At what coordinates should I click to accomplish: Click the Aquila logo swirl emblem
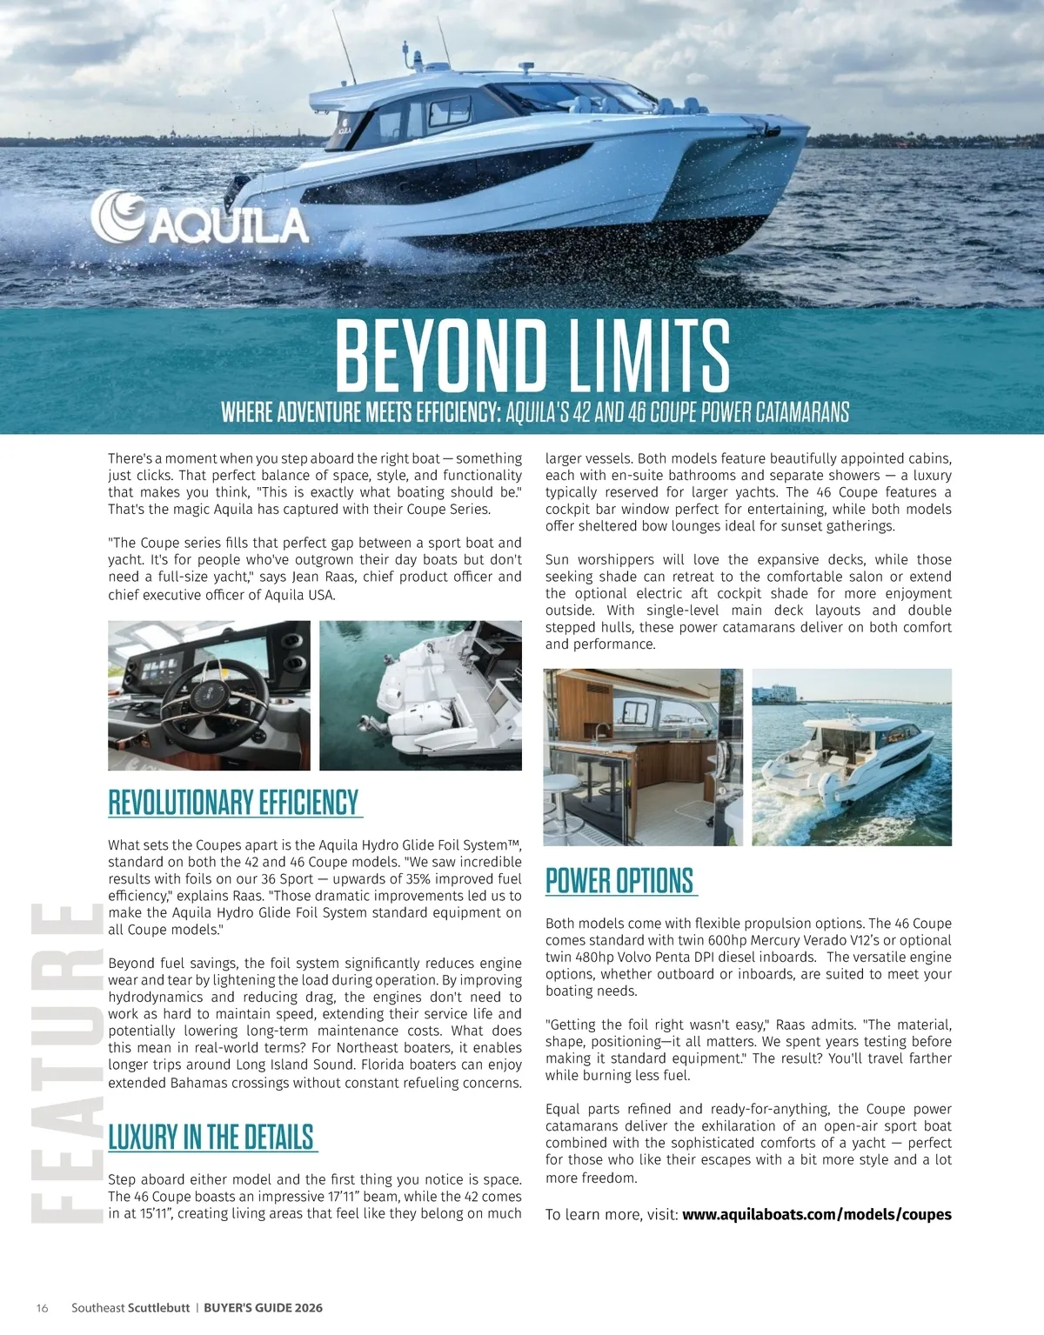(118, 215)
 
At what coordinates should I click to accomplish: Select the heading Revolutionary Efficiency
(233, 802)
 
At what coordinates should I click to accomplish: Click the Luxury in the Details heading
(211, 1137)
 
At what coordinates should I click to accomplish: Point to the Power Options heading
(619, 881)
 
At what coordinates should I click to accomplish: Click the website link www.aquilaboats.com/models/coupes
(816, 1214)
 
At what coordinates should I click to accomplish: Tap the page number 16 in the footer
(42, 1308)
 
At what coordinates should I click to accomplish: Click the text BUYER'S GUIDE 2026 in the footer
(263, 1308)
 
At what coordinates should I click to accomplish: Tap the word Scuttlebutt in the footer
(158, 1308)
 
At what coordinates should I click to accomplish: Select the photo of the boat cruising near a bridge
(852, 757)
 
